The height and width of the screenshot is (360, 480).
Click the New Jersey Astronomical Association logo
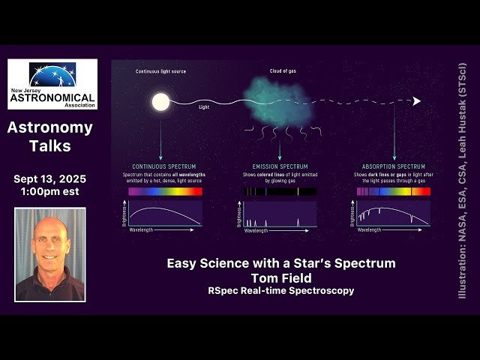(x=52, y=85)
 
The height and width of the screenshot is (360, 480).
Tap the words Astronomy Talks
(x=49, y=136)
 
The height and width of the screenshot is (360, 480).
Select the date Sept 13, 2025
(x=49, y=179)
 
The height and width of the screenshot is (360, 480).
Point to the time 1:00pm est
(x=49, y=193)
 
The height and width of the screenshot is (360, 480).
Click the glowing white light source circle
(x=160, y=101)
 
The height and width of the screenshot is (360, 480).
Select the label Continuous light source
(x=160, y=72)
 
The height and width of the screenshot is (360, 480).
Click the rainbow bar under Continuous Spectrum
(x=165, y=192)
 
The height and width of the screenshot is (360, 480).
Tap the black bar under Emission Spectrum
(x=280, y=192)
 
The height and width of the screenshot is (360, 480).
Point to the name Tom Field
(x=280, y=277)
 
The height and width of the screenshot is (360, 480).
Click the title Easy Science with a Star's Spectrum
(x=280, y=263)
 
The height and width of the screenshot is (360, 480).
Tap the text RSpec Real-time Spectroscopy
(x=280, y=290)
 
